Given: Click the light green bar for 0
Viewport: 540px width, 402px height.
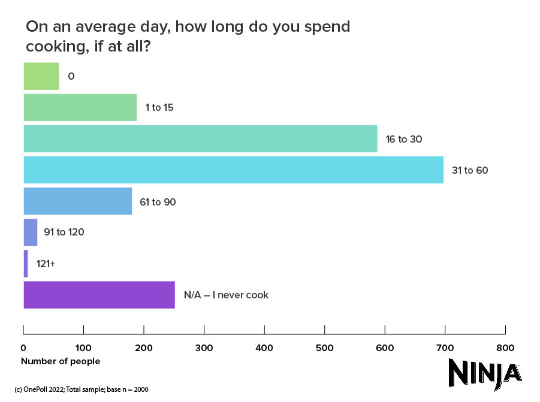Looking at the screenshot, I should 41,76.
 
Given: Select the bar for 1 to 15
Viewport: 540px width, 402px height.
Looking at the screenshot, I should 80,108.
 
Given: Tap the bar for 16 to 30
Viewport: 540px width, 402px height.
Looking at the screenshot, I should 200,139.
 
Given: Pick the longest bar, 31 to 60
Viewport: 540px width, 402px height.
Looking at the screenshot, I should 233,170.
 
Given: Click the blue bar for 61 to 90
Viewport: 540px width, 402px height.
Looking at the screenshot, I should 77,201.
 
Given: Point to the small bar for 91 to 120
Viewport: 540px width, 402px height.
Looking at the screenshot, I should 31,232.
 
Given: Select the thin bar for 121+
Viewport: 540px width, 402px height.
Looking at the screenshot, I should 26,264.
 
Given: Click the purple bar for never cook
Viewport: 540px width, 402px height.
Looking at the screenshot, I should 99,295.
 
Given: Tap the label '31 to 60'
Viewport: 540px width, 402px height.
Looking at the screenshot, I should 470,170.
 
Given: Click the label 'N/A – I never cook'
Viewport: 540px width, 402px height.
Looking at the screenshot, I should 225,295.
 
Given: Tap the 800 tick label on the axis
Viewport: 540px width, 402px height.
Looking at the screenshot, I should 505,347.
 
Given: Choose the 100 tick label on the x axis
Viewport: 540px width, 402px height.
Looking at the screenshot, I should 83,347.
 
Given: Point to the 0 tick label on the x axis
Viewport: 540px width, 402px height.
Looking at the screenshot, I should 23,347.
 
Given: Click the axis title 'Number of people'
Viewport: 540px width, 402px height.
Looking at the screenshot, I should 61,361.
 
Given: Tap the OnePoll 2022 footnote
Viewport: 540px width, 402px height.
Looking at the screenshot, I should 81,389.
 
